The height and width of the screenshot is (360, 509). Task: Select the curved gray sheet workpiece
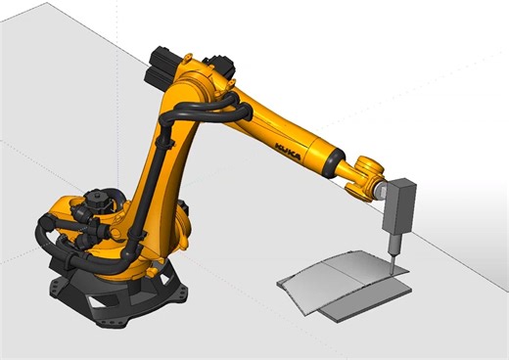click(343, 279)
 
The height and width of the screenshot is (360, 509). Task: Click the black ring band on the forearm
click(332, 157)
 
